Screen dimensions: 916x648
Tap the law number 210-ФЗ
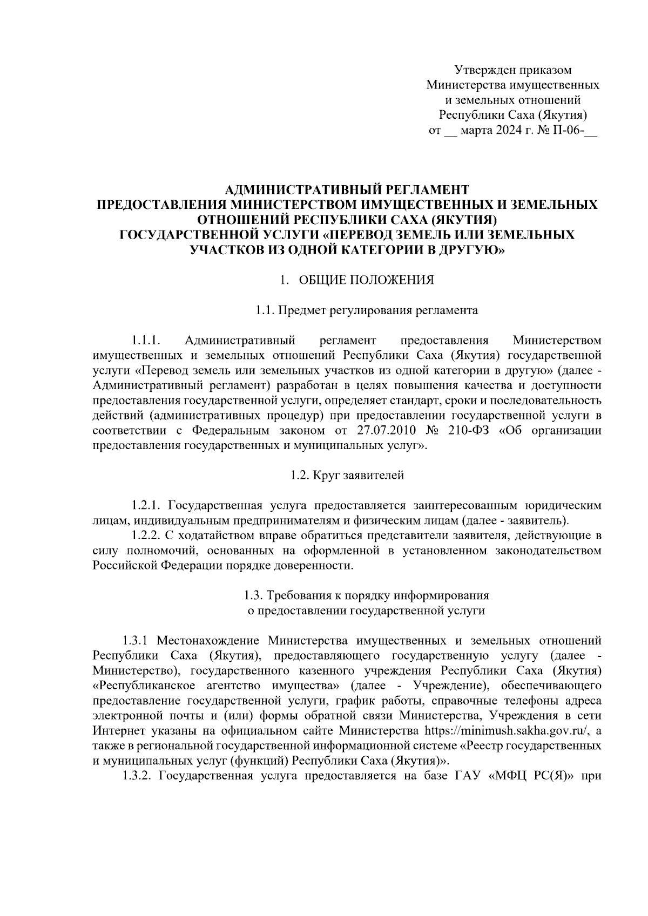pos(465,430)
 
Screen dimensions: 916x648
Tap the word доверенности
pos(316,566)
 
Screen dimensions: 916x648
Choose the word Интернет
pos(118,731)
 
